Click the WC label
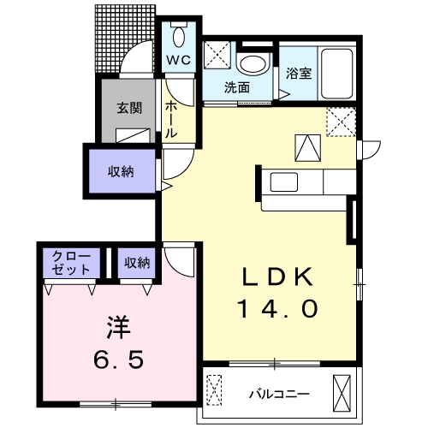click(177, 60)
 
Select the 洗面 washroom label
click(237, 87)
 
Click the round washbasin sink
click(252, 62)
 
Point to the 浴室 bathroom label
click(299, 74)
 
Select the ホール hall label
click(171, 120)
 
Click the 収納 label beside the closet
click(136, 262)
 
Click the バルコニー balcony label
click(279, 395)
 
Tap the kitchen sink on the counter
click(282, 181)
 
